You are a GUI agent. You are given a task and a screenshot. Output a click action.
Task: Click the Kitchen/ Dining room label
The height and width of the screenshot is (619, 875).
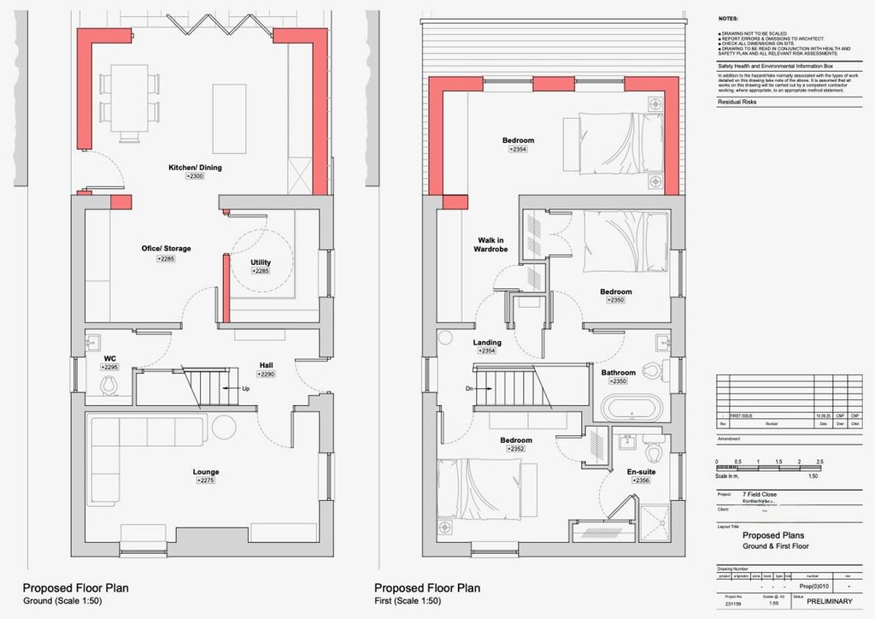(x=195, y=168)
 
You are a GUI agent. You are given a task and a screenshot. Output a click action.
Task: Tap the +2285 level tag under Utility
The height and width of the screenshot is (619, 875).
(x=261, y=271)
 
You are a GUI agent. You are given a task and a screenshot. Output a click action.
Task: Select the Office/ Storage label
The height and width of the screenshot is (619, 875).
(x=166, y=249)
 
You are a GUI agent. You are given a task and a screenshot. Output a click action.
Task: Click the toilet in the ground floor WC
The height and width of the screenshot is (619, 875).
(x=109, y=387)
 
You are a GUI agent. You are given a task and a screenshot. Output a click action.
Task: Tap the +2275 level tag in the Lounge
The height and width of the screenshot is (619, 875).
(x=205, y=481)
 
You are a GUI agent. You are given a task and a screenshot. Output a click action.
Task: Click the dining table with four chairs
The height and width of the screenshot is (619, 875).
(x=129, y=99)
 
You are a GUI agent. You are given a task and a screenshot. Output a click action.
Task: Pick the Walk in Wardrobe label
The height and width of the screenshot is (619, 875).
(x=491, y=245)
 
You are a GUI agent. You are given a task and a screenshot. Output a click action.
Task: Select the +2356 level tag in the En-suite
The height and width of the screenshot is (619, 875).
(x=641, y=480)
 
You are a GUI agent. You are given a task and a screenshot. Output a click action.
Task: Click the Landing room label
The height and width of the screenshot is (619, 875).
(x=487, y=343)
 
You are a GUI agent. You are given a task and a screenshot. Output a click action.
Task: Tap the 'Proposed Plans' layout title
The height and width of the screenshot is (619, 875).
(x=772, y=534)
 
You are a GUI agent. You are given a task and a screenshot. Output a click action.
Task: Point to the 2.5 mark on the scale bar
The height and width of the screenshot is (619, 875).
(x=819, y=462)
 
